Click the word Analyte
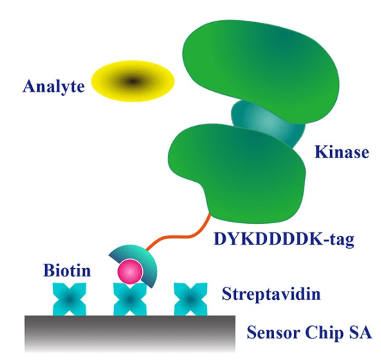coord(54,86)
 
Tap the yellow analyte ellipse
coord(133,81)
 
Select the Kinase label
coord(342,152)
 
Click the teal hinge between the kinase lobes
coord(267,122)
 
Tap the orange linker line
coord(179,233)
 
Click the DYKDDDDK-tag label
coord(284,239)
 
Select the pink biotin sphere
coord(130,272)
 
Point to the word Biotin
coord(67,270)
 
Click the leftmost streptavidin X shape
coord(70,299)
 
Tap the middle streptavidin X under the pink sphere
coord(130,300)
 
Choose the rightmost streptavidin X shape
coord(190,299)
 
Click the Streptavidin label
coord(271,294)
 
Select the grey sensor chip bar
coord(130,334)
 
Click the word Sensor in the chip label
coord(273,332)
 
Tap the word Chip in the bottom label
coord(324,333)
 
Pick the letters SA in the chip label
coord(360,332)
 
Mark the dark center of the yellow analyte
coord(133,81)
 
